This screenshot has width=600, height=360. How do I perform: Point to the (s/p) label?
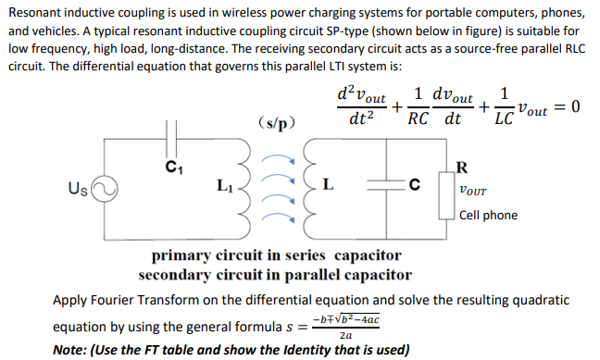278,121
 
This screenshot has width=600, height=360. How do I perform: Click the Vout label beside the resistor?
475,192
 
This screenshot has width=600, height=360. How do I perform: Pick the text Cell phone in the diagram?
488,216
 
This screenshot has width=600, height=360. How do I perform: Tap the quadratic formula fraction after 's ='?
346,327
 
